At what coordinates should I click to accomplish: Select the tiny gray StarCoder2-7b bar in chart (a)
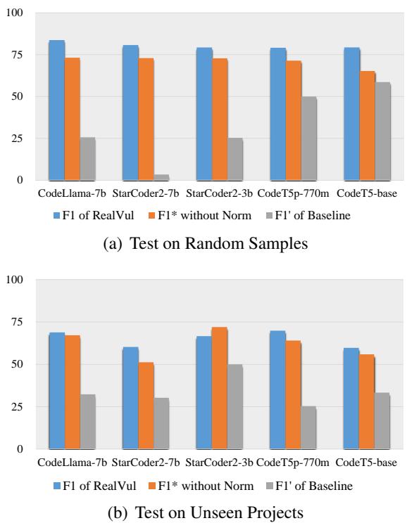161,176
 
